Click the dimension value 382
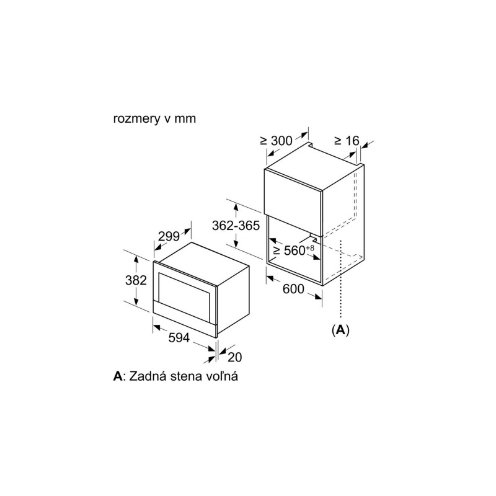click(136, 280)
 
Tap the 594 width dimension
click(179, 337)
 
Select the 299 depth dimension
click(169, 236)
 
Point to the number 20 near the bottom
click(235, 357)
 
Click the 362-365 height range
click(236, 226)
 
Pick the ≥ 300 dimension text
click(276, 141)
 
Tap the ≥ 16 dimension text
click(347, 141)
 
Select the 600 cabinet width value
click(293, 289)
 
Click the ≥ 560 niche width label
click(289, 250)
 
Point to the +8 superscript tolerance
click(310, 247)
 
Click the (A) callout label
click(340, 330)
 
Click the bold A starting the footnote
click(117, 376)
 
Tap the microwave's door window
click(184, 291)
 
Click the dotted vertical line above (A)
click(340, 278)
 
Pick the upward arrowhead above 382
click(136, 259)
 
